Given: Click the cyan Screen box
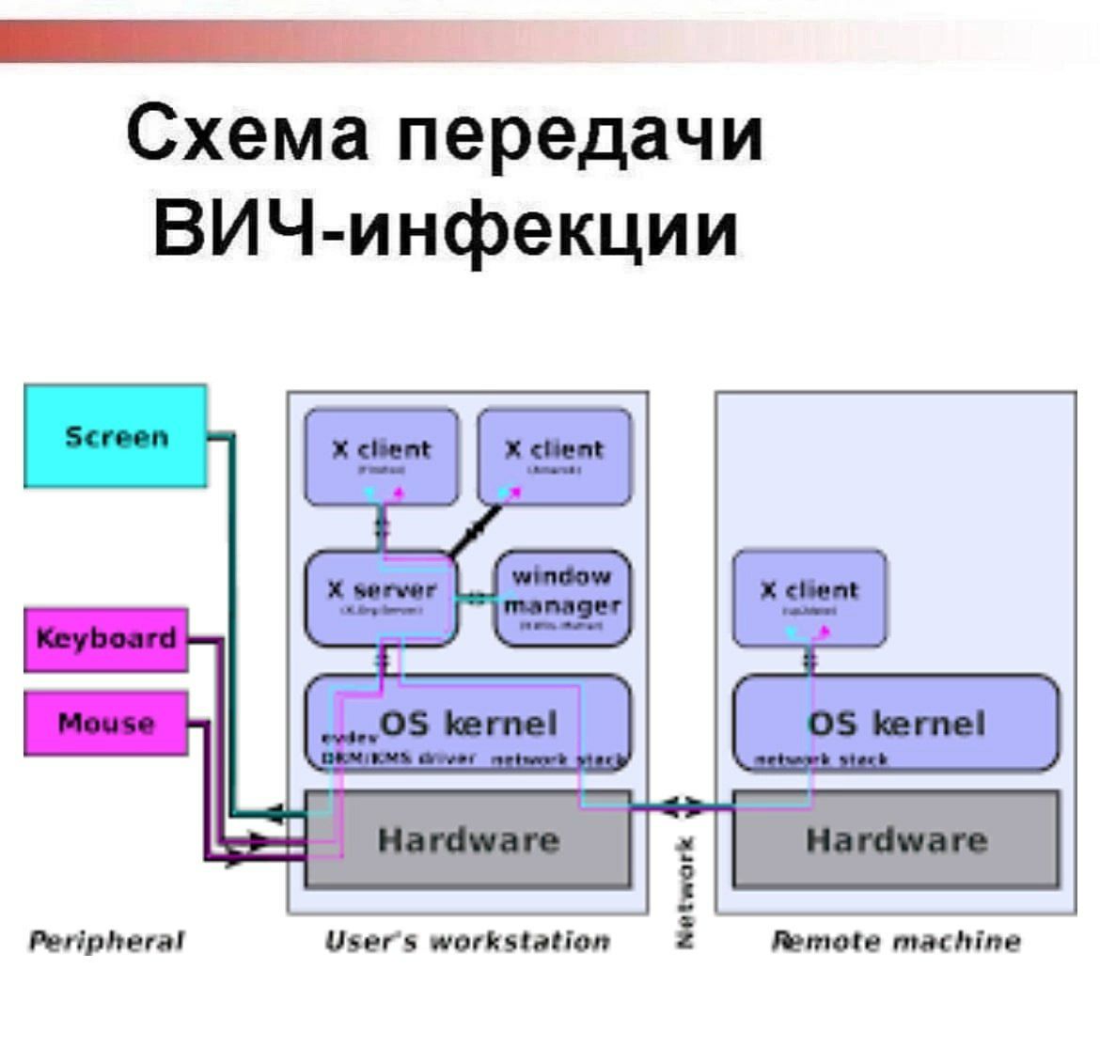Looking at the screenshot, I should (x=115, y=436).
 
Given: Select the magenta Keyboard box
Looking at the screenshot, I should (x=105, y=639).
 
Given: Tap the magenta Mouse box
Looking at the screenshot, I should (x=105, y=723).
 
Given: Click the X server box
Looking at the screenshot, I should (x=381, y=598).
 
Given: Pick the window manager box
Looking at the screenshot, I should (x=562, y=598).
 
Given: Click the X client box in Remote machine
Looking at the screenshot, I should (x=809, y=598).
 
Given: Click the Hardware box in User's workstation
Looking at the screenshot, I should (x=468, y=839).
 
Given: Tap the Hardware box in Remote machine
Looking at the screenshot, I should (x=895, y=839).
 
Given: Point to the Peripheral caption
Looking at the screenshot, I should (x=106, y=941).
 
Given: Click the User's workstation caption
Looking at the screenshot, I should (x=467, y=941).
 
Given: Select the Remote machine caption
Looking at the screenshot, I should (x=895, y=941).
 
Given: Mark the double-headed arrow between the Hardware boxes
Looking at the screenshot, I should (x=681, y=806).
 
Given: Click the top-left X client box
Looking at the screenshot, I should (x=381, y=456).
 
